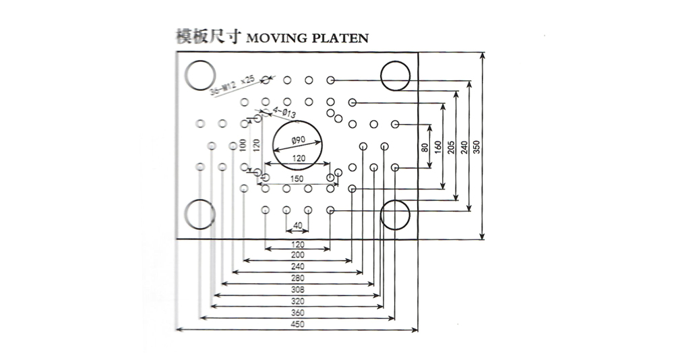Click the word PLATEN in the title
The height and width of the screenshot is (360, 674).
[x=340, y=38]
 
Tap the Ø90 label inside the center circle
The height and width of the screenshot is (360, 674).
[x=298, y=141]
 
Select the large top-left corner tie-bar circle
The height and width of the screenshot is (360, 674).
[x=201, y=76]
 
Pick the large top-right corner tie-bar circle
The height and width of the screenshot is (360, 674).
[x=395, y=76]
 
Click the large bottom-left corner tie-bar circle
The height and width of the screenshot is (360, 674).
[x=201, y=215]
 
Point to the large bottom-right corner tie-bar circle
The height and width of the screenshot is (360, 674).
[x=395, y=215]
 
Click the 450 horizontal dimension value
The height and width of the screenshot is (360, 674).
[x=298, y=324]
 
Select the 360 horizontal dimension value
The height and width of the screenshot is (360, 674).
[x=298, y=313]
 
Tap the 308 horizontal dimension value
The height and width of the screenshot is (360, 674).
[x=298, y=289]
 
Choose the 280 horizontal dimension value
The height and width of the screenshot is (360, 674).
[x=298, y=278]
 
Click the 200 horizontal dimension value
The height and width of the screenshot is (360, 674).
[x=298, y=255]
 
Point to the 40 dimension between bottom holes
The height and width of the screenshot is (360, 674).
[x=298, y=225]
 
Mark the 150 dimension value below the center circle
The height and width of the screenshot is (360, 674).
[x=298, y=178]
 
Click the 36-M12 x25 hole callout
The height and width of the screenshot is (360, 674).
[x=231, y=86]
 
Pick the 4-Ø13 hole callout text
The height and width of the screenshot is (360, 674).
[x=274, y=113]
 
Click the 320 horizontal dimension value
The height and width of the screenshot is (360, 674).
[x=298, y=301]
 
